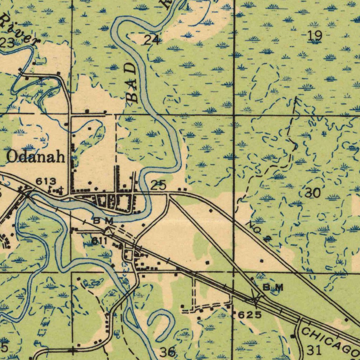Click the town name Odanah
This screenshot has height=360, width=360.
pyautogui.click(x=36, y=157)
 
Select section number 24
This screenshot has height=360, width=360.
pyautogui.click(x=152, y=40)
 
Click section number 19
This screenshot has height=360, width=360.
pyautogui.click(x=314, y=36)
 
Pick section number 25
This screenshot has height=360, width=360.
pyautogui.click(x=158, y=185)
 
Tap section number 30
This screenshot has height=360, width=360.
pyautogui.click(x=312, y=193)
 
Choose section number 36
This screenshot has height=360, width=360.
pyautogui.click(x=167, y=352)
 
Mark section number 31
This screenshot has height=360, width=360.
pyautogui.click(x=314, y=350)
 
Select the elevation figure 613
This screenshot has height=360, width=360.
pyautogui.click(x=46, y=181)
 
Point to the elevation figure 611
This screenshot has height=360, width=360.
pyautogui.click(x=99, y=241)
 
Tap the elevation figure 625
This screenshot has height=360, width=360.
pyautogui.click(x=250, y=315)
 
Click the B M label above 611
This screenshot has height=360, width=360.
pyautogui.click(x=103, y=221)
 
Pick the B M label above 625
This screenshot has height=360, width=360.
pyautogui.click(x=273, y=287)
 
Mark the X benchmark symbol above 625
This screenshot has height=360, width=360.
pyautogui.click(x=255, y=299)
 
